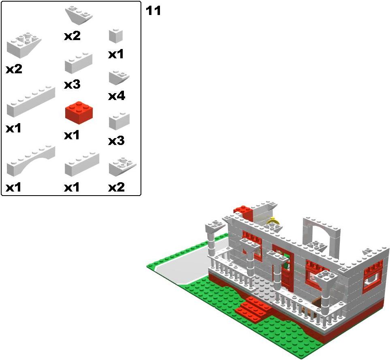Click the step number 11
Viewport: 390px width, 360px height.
click(153, 11)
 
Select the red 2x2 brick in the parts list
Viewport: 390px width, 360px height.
click(79, 113)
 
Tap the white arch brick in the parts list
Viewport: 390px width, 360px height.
click(31, 161)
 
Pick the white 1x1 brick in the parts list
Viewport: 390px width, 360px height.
click(116, 36)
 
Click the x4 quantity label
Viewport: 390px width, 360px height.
click(117, 96)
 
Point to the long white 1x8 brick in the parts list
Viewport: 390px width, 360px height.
click(31, 102)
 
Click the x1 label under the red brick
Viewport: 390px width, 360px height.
click(72, 135)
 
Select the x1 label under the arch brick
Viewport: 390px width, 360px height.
click(13, 187)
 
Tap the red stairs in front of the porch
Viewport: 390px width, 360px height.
click(254, 309)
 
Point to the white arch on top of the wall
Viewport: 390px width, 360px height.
click(321, 236)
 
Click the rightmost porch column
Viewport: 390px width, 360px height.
click(325, 293)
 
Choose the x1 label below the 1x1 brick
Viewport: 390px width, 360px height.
click(116, 54)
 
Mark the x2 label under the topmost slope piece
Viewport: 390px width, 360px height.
click(72, 36)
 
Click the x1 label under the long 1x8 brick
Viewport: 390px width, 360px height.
click(13, 128)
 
